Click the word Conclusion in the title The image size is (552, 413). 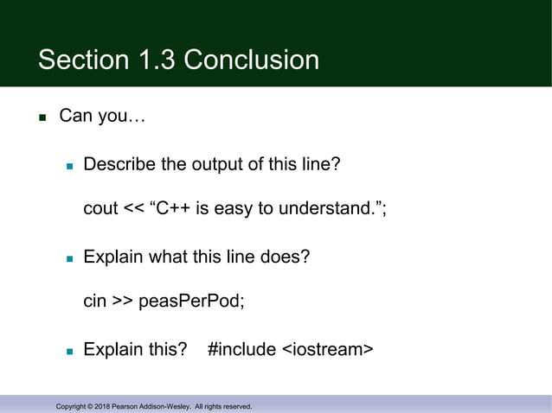[252, 60]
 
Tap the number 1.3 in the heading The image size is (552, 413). [157, 60]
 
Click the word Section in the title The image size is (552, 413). [85, 60]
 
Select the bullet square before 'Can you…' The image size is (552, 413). [41, 117]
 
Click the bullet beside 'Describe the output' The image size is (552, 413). [71, 164]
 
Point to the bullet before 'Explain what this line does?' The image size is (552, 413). [71, 258]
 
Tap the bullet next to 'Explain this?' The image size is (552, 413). [71, 352]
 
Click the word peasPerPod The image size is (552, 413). [200, 302]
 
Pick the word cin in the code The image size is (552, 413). [94, 302]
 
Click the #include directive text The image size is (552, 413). [243, 350]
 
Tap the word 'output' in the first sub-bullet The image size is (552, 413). [219, 163]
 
